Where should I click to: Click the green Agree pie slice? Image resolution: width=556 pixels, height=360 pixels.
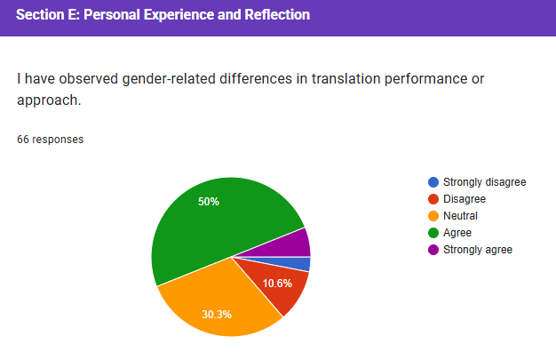(213, 222)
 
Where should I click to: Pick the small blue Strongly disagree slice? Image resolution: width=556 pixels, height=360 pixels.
(304, 263)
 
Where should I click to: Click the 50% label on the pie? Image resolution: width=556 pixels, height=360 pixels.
(209, 202)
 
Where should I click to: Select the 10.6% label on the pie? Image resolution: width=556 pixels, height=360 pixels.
(277, 284)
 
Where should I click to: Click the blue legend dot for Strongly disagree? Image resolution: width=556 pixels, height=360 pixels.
(433, 182)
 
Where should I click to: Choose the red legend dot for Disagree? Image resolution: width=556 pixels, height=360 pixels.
(433, 199)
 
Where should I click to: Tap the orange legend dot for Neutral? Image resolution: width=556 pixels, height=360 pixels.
(433, 216)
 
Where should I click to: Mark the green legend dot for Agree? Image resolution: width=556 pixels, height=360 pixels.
(433, 233)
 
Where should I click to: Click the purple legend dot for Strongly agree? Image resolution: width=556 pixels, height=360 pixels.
(433, 250)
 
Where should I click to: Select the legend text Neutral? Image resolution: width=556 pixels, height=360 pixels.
(460, 216)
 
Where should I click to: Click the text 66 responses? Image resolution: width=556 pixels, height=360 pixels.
(51, 140)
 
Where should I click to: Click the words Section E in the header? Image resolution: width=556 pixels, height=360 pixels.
(45, 15)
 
